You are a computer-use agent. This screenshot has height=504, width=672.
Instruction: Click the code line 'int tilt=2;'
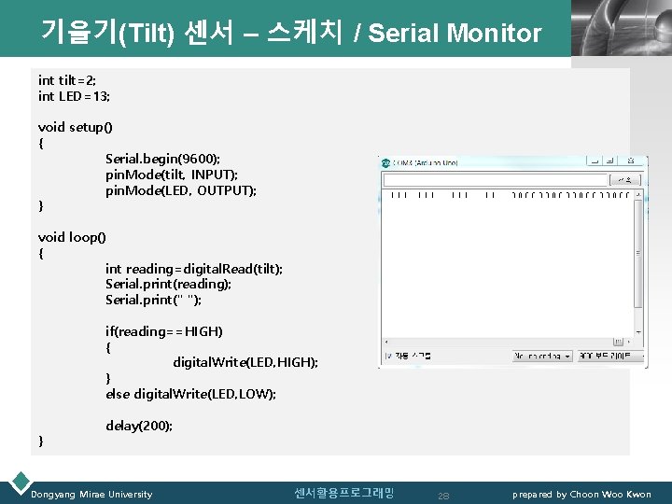67,80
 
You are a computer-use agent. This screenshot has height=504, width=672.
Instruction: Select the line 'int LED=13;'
73,96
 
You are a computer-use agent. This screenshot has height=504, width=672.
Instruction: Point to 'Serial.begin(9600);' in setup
162,159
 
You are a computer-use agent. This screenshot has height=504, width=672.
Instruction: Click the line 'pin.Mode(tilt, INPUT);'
172,175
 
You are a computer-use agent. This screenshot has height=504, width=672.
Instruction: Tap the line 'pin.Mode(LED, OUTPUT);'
181,190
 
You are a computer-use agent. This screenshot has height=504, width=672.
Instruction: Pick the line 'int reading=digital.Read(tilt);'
194,269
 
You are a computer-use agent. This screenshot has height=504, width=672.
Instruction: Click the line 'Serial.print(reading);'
168,284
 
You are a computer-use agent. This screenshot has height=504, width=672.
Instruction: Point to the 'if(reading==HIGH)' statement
164,331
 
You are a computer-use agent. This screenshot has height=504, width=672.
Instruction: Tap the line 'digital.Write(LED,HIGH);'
245,362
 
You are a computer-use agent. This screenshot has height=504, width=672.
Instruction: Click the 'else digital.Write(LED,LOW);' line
190,394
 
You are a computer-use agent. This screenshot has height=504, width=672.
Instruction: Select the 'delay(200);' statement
139,426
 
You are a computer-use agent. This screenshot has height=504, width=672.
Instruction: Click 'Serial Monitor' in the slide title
455,35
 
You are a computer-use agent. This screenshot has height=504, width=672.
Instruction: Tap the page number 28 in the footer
443,495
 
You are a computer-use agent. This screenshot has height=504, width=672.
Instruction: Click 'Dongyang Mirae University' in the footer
91,494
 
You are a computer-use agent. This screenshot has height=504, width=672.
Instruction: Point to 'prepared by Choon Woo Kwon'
581,494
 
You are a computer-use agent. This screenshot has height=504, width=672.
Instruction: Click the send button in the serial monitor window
627,178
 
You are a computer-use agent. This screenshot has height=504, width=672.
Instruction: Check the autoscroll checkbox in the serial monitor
388,356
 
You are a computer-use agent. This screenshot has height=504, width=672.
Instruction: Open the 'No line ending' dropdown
541,356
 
